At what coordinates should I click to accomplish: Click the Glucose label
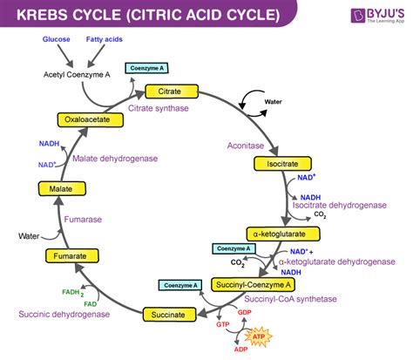click(55, 40)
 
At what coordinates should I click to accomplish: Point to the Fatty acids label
click(103, 40)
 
